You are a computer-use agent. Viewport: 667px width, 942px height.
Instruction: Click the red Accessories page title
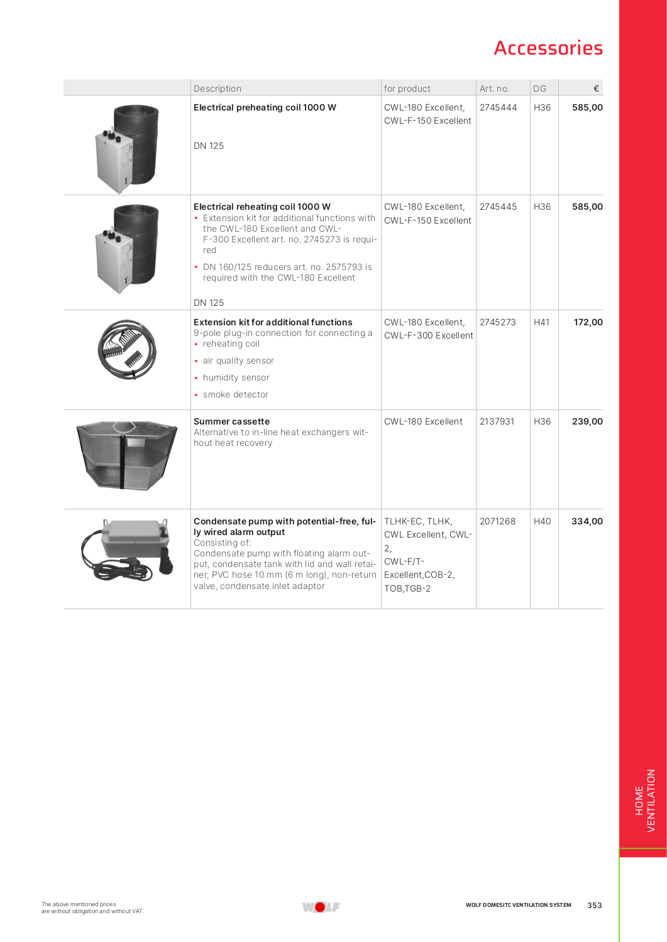pos(548,48)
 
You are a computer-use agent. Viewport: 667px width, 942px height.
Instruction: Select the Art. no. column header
pos(494,89)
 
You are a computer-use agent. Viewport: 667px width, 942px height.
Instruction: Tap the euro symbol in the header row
pos(596,89)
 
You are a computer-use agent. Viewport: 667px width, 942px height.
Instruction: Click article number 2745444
pos(498,107)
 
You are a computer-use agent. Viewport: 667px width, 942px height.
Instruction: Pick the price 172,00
pos(588,322)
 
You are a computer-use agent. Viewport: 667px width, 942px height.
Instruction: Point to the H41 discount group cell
pos(541,322)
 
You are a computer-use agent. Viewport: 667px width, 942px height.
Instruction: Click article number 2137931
pos(497,421)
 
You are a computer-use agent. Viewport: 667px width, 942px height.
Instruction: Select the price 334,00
pos(587,521)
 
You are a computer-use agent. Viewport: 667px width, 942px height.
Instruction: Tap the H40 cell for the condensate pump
pos(542,521)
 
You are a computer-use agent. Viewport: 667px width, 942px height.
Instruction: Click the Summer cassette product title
pos(231,421)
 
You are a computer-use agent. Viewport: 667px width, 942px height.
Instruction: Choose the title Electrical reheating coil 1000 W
pos(262,207)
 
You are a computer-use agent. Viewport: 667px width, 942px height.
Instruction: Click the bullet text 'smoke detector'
pos(235,394)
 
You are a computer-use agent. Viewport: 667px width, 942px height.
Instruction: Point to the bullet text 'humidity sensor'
pos(236,377)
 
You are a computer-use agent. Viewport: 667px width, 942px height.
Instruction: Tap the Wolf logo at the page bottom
pos(321,906)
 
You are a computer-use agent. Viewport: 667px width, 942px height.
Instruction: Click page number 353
pos(594,906)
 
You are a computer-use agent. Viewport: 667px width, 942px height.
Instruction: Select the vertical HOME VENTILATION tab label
pos(644,801)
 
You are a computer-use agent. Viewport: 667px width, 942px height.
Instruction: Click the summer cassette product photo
pos(126,455)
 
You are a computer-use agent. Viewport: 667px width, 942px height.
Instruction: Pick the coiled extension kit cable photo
pos(127,349)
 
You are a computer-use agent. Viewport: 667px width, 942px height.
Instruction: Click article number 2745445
pos(498,207)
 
